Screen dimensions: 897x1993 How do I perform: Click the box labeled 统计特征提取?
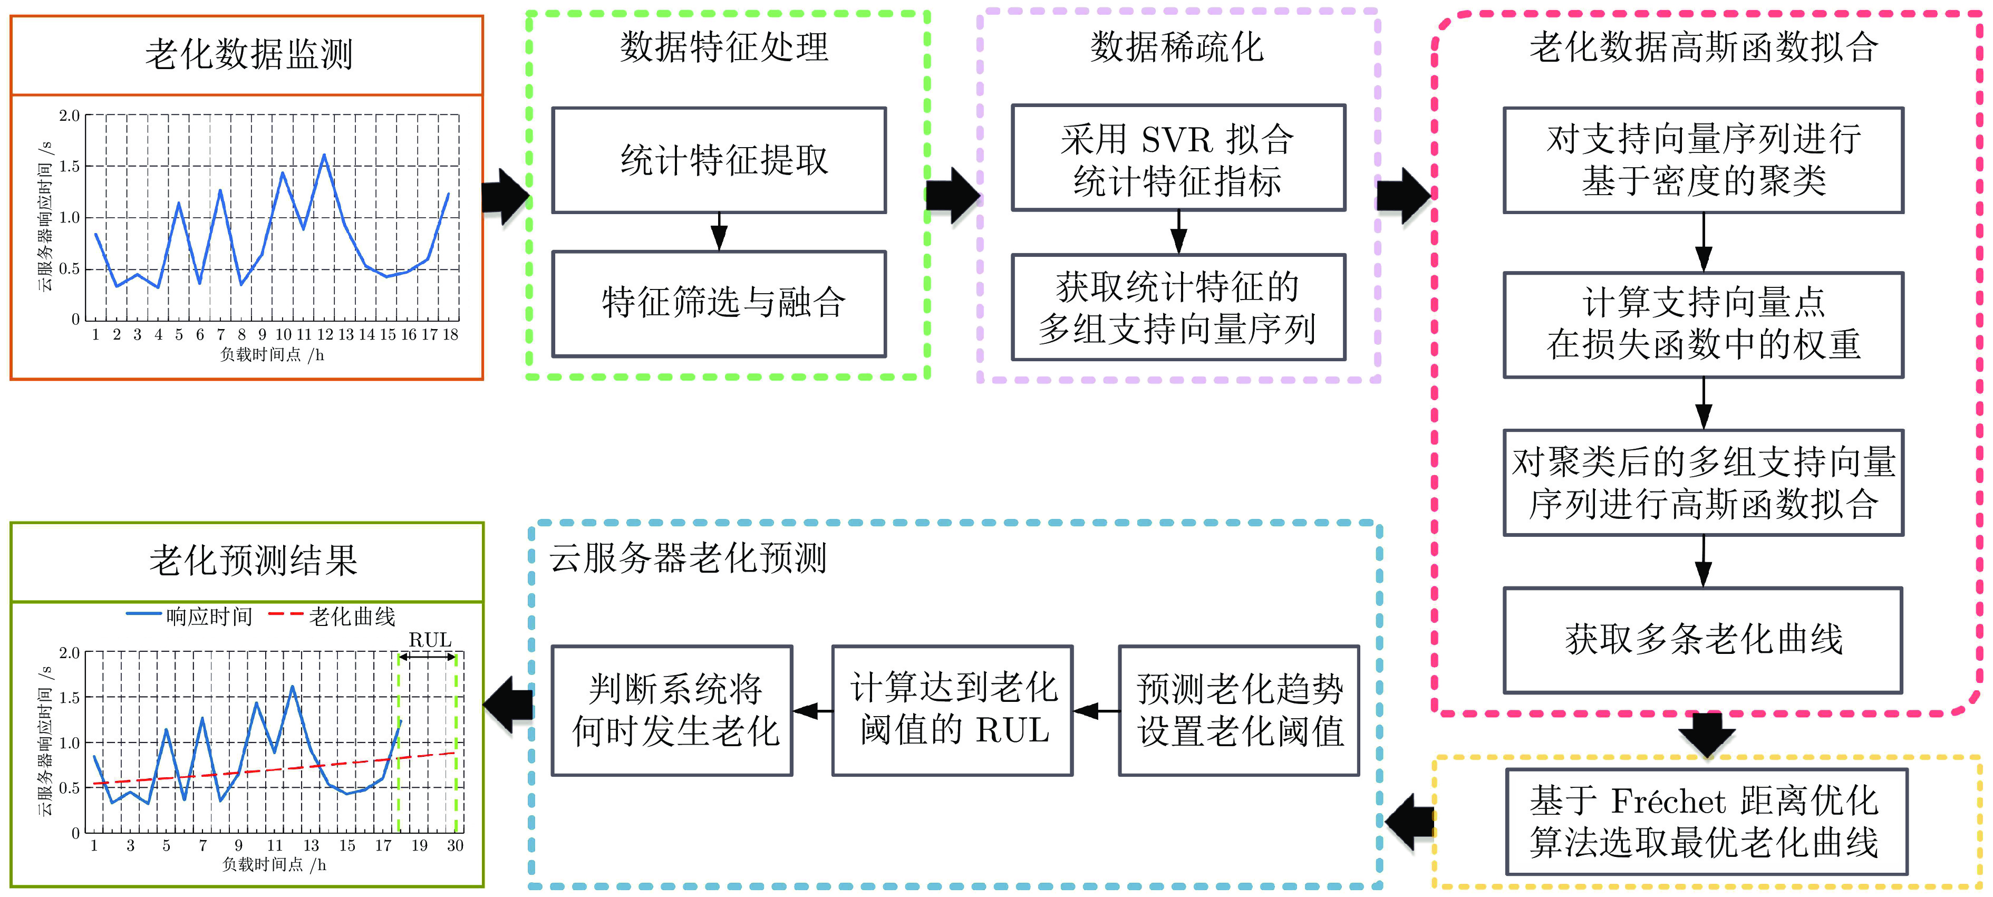pos(719,160)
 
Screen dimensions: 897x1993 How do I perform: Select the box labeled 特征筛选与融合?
pos(719,303)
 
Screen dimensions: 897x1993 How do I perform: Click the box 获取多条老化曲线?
pos(1703,640)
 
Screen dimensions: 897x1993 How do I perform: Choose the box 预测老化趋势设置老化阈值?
pos(1239,710)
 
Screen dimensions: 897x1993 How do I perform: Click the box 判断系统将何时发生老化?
pos(672,710)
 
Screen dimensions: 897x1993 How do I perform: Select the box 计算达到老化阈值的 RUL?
pos(952,710)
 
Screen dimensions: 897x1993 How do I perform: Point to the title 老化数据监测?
pos(248,55)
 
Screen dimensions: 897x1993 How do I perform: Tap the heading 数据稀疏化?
pos(1177,48)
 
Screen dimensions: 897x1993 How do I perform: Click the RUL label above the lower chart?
pos(429,640)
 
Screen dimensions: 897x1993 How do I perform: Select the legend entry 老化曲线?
pos(352,617)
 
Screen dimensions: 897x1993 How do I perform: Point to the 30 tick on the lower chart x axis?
pos(455,846)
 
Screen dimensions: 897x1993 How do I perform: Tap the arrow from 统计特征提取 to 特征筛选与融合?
pos(719,232)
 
